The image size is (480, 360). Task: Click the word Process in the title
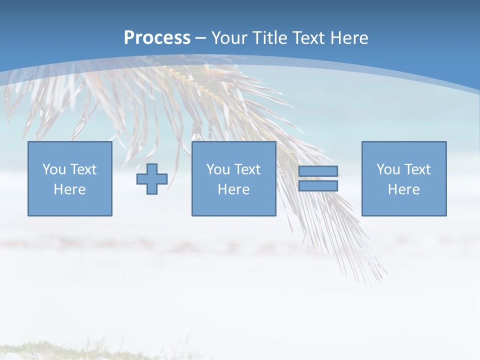coord(157,38)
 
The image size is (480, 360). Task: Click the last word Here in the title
coord(349,38)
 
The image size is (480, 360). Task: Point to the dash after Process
coord(201,38)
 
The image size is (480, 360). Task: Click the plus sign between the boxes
coord(152,179)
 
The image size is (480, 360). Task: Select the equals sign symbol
coord(318,178)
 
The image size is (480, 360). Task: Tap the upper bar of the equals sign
coord(318,171)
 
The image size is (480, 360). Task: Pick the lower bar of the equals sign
coord(318,186)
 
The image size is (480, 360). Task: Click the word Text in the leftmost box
coord(83,169)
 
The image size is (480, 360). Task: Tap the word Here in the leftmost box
coord(69,189)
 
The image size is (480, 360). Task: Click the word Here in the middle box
coord(233,189)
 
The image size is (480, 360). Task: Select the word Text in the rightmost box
coord(417,169)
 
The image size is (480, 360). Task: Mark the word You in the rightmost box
coord(388,169)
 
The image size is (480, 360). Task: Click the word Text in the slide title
coord(306,38)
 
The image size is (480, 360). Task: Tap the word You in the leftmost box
coord(54,169)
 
